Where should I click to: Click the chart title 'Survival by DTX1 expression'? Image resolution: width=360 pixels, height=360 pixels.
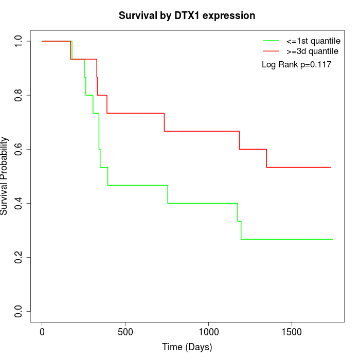(x=187, y=16)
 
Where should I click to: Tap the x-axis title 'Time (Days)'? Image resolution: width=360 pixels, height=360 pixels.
(x=187, y=347)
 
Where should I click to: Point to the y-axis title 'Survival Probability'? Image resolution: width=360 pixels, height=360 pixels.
(x=5, y=176)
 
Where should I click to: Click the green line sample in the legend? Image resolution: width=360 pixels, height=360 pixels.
(x=271, y=41)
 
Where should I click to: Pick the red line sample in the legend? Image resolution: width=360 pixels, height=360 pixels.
(x=271, y=51)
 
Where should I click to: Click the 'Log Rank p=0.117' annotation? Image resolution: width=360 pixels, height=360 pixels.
(x=296, y=65)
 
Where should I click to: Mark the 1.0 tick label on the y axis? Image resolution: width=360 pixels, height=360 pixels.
(x=19, y=41)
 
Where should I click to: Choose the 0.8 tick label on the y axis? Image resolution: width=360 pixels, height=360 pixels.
(x=19, y=95)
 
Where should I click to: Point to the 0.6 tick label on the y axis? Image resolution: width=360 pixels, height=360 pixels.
(x=19, y=149)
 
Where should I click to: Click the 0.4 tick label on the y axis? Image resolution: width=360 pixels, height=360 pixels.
(x=19, y=203)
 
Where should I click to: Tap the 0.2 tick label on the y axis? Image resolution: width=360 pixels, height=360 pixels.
(x=19, y=257)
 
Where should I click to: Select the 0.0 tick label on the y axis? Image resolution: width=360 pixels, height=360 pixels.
(x=19, y=311)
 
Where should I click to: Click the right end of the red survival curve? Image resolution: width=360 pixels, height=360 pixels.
(x=330, y=167)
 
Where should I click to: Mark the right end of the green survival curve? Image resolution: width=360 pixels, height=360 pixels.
(x=333, y=239)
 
